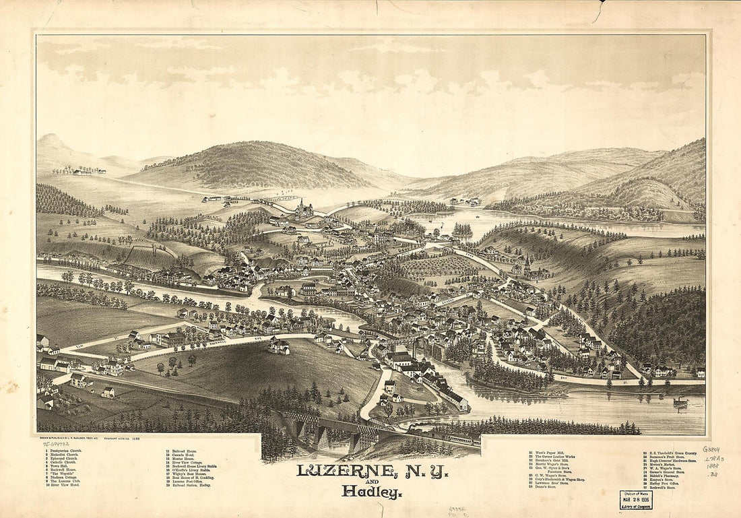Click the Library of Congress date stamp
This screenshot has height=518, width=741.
click(635, 499)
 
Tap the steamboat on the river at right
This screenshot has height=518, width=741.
click(680, 402)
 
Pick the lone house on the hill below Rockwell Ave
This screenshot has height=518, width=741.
click(279, 346)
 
